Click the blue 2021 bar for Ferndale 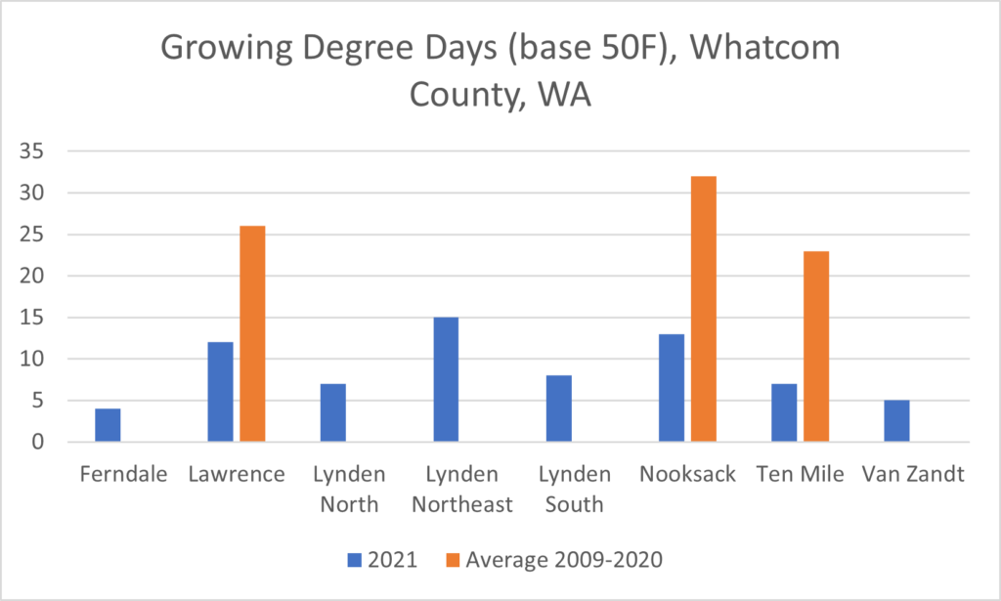point(108,425)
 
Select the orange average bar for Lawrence point(252,334)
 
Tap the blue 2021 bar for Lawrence point(221,392)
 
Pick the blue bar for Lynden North point(333,412)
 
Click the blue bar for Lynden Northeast point(446,379)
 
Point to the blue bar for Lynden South point(558,408)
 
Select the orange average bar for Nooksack point(703,309)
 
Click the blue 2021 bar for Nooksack point(672,388)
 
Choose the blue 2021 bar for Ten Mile point(784,412)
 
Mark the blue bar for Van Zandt point(896,421)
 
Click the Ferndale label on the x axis point(122,475)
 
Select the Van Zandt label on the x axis point(911,475)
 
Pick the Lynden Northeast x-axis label point(461,490)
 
